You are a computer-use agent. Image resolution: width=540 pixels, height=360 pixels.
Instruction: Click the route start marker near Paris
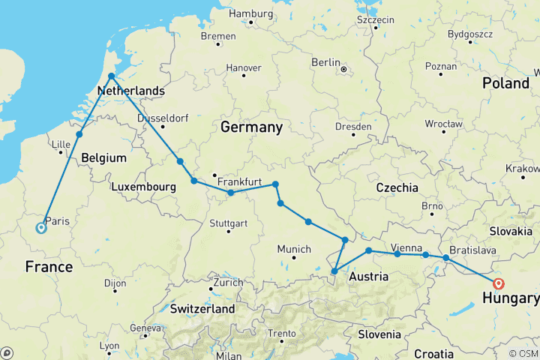click(x=40, y=229)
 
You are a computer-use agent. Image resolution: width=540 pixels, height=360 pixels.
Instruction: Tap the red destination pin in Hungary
click(x=499, y=283)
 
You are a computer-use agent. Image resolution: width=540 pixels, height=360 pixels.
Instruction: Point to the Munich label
click(x=294, y=249)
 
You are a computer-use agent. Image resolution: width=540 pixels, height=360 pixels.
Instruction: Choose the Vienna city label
click(x=405, y=247)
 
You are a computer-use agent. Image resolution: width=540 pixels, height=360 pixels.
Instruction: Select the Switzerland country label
click(x=202, y=308)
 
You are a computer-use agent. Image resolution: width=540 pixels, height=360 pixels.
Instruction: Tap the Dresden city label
click(x=352, y=127)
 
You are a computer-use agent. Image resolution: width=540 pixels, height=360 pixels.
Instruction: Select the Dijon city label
click(x=115, y=283)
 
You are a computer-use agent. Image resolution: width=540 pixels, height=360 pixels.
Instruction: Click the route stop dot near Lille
click(x=79, y=135)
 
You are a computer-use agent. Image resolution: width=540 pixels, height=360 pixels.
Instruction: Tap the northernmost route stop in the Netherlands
click(x=111, y=76)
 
